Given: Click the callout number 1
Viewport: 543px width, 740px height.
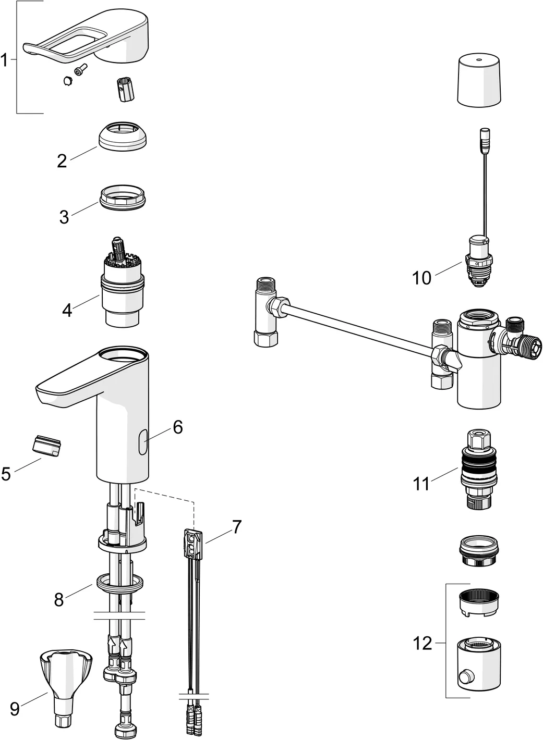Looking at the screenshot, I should tap(5, 61).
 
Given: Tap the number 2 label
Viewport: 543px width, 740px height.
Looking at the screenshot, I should tap(62, 161).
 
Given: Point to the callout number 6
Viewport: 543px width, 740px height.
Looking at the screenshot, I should tap(178, 427).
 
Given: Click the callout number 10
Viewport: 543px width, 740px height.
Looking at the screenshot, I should tap(422, 278).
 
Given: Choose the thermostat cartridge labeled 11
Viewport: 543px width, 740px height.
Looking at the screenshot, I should tap(479, 469).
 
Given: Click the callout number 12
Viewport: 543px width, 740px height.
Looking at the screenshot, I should tap(423, 644).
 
